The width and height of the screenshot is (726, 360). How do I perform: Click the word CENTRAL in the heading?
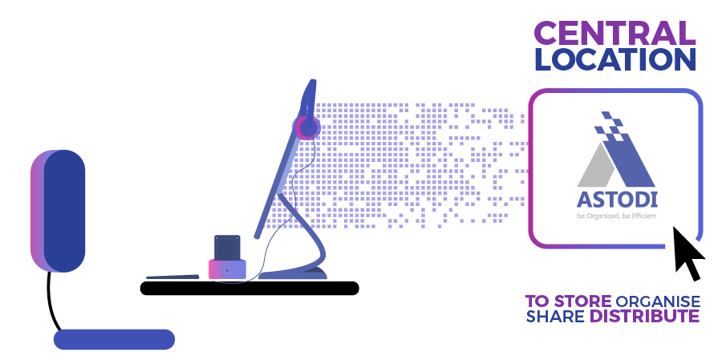coord(614,33)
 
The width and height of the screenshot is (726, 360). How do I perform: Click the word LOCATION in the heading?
coord(614,59)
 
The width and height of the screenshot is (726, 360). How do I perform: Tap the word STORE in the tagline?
coord(578,301)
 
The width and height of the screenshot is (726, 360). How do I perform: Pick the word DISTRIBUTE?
coord(645,316)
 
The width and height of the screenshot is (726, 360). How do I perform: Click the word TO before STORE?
coord(536,301)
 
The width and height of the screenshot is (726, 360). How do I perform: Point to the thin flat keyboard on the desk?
coord(172,277)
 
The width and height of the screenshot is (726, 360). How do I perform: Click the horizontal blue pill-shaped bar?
coord(114,339)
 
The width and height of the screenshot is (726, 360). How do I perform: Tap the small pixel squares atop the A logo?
coord(609,123)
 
